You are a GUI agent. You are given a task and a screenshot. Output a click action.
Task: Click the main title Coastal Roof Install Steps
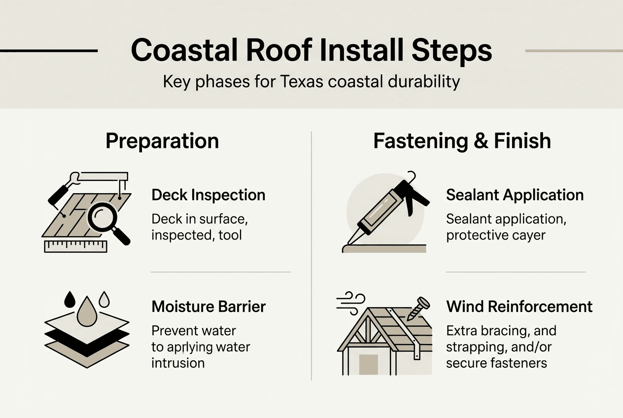311,51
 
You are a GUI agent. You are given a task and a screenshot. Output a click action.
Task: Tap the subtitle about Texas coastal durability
311,81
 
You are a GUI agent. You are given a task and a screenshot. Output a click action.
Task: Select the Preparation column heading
162,141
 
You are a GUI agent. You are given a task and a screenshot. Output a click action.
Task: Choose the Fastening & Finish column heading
462,141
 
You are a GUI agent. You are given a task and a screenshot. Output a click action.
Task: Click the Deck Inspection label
208,195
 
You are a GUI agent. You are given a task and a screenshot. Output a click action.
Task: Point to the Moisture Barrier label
208,307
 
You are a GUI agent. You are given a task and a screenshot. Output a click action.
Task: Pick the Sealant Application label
515,195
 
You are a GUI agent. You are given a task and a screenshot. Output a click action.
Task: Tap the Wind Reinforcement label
519,307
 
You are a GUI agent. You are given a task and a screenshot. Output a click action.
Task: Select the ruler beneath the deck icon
75,246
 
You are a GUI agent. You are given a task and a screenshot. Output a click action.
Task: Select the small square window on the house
368,365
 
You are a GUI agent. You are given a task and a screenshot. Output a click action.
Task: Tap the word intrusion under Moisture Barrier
177,363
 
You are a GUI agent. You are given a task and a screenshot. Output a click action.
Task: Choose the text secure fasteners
496,363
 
